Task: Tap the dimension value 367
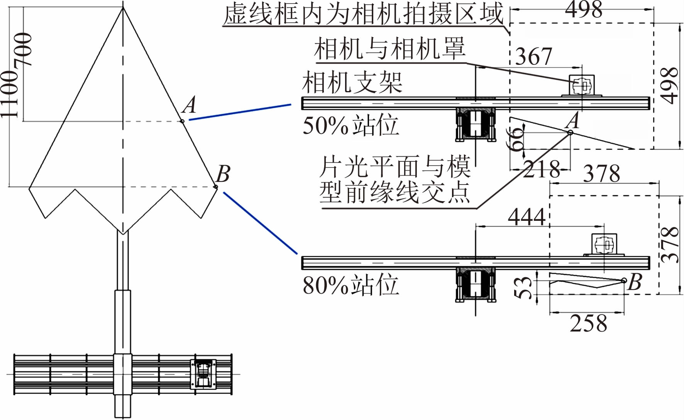point(534,56)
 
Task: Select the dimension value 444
point(527,217)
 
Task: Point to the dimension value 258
point(588,323)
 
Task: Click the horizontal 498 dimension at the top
point(583,9)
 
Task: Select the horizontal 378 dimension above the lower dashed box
point(601,173)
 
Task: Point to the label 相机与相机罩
point(390,49)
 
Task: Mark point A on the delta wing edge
point(182,121)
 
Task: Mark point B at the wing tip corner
point(215,187)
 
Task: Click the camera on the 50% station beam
point(582,85)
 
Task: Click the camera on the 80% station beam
point(604,244)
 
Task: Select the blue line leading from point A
point(239,112)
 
